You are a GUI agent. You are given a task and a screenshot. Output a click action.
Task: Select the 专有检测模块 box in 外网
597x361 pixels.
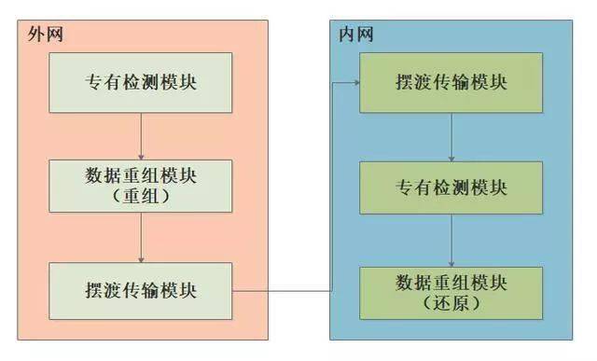(x=140, y=81)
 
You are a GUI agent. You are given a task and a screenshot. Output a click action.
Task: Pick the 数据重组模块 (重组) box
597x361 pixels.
(x=140, y=185)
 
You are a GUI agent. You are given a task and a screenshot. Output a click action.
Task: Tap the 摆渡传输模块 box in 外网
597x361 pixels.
(x=140, y=290)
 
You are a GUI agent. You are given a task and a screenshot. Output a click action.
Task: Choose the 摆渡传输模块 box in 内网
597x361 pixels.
(x=452, y=81)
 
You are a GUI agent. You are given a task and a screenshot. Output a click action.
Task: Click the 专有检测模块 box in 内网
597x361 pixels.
(x=452, y=187)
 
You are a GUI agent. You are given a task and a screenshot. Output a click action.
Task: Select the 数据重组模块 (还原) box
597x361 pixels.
(x=452, y=290)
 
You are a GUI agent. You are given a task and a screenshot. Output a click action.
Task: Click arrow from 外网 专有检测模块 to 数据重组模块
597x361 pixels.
(x=140, y=134)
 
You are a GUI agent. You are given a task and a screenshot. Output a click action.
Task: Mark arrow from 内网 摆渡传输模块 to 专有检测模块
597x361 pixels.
(x=452, y=134)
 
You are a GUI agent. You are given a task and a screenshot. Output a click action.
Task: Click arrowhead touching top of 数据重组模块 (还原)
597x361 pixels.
(x=452, y=262)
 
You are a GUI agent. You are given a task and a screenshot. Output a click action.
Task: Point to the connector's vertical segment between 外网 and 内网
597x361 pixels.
(x=332, y=187)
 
